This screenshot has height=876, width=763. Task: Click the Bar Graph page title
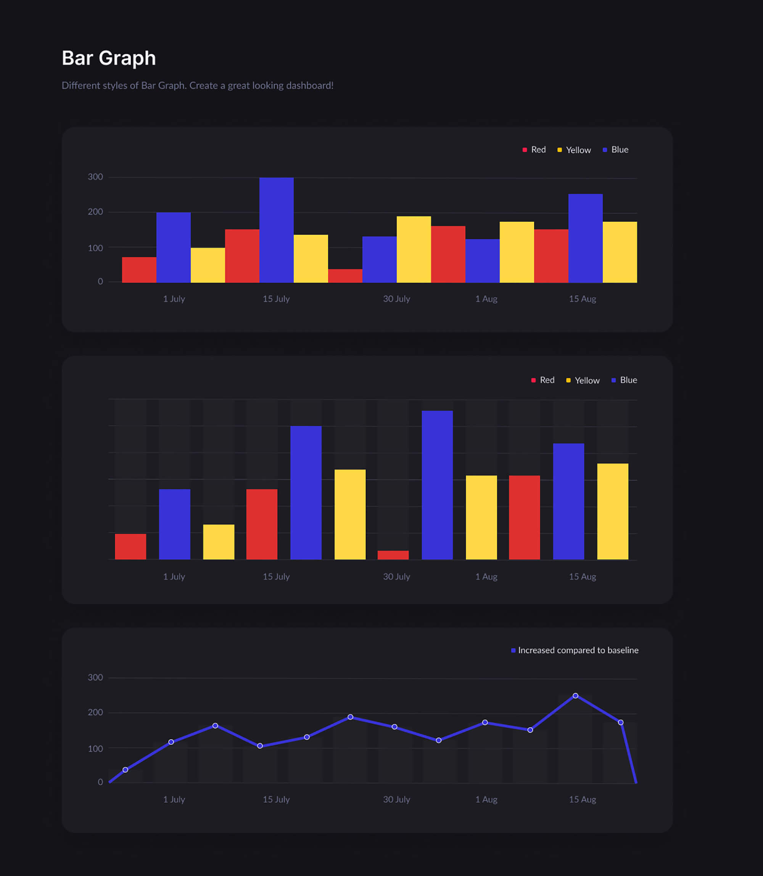[x=109, y=58]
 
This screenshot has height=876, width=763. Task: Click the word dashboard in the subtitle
[x=309, y=85]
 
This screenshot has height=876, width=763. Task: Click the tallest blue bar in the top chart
[x=276, y=230]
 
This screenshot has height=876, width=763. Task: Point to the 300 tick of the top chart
[x=95, y=177]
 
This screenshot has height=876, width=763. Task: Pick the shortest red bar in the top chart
[x=345, y=275]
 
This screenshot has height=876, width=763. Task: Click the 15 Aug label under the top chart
[x=582, y=299]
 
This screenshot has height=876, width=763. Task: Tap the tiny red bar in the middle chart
[x=393, y=555]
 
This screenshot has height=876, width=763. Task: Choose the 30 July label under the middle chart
[x=396, y=576]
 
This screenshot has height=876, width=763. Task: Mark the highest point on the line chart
[x=575, y=696]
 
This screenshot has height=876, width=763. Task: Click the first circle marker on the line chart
[x=125, y=770]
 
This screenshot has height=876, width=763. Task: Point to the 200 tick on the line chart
[x=95, y=712]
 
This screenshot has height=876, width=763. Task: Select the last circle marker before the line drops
[x=620, y=722]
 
